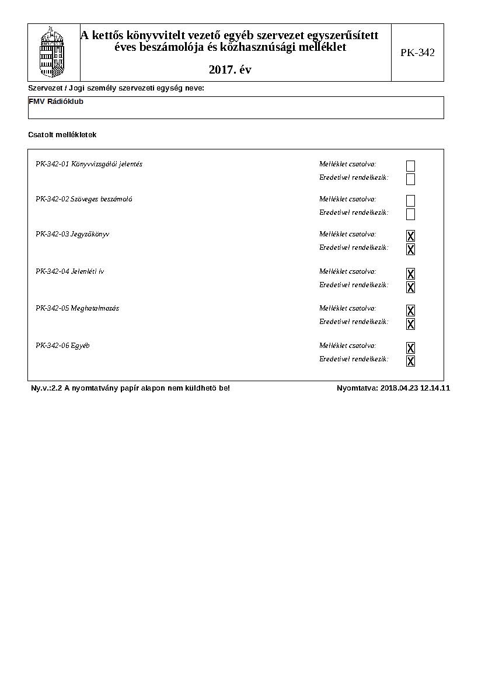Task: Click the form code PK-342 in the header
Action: pyautogui.click(x=417, y=53)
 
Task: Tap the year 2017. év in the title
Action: pyautogui.click(x=230, y=70)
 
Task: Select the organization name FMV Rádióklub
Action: pyautogui.click(x=56, y=102)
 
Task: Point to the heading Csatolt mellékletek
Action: pyautogui.click(x=62, y=135)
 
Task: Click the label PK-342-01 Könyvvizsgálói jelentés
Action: pyautogui.click(x=89, y=164)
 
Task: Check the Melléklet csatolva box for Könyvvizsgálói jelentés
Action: pyautogui.click(x=410, y=166)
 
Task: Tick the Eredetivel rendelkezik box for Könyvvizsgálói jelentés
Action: pyautogui.click(x=410, y=179)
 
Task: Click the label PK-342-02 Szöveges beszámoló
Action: pyautogui.click(x=83, y=199)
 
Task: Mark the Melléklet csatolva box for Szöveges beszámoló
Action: pyautogui.click(x=410, y=201)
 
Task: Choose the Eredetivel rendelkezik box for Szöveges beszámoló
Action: pyautogui.click(x=410, y=214)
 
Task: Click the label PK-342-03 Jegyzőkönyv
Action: pyautogui.click(x=72, y=234)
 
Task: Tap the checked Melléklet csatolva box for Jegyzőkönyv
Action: pyautogui.click(x=410, y=236)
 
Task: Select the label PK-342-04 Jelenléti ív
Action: pyautogui.click(x=69, y=271)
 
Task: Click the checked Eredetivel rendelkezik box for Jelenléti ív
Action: pyautogui.click(x=410, y=287)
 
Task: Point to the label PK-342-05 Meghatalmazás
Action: pyautogui.click(x=77, y=308)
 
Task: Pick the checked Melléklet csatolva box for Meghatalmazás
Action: pyautogui.click(x=410, y=310)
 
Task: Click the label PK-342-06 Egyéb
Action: pyautogui.click(x=62, y=346)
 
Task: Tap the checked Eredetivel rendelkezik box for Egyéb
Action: pyautogui.click(x=410, y=361)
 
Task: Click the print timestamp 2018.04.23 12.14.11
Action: pyautogui.click(x=415, y=388)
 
